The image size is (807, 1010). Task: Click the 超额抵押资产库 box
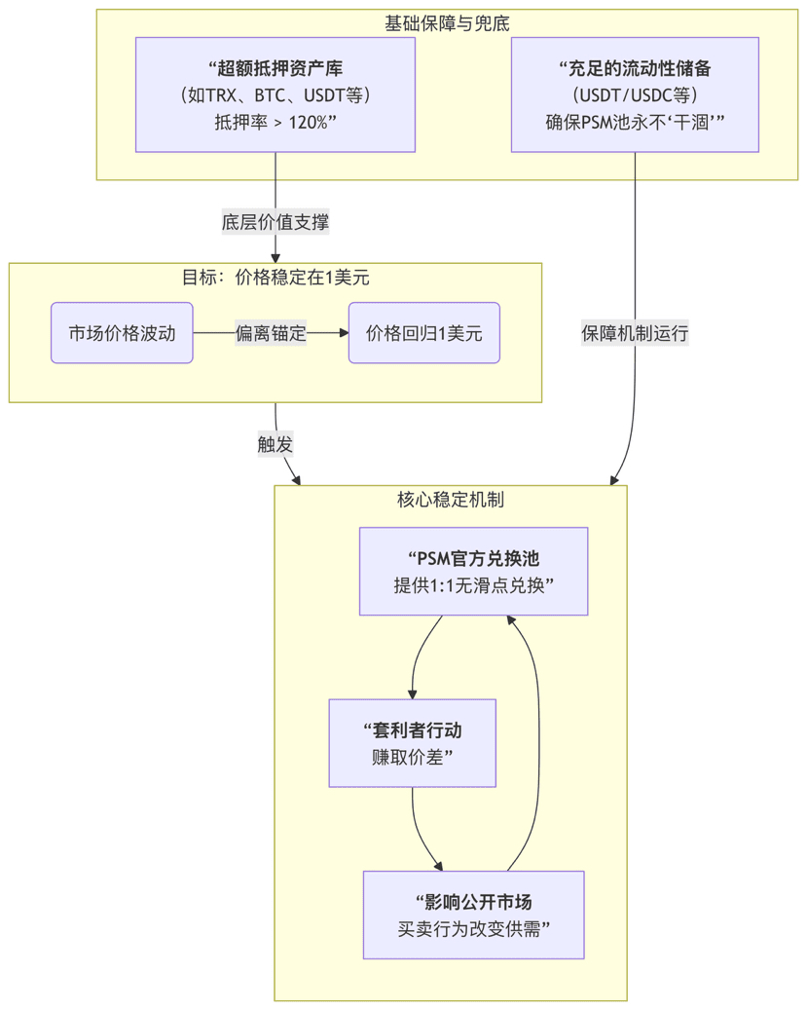coord(275,94)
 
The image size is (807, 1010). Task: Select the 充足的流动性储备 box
coord(635,94)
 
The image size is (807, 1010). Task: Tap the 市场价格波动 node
coord(122,333)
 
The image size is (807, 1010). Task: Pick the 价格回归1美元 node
coord(424,333)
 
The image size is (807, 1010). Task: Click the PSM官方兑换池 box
coord(473,572)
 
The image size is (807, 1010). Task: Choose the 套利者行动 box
coord(412,743)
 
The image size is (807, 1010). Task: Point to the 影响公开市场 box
coord(473,915)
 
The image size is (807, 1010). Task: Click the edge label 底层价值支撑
coord(275,222)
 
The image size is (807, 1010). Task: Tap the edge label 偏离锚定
coord(271,333)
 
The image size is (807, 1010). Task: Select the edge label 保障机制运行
coord(635,333)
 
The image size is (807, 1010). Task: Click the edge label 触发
coord(275,444)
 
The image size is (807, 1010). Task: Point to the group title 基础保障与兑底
coord(447,23)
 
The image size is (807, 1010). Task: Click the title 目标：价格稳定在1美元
coord(275,278)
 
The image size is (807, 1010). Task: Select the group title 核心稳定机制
coord(450,500)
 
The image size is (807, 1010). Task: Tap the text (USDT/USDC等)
coord(635,95)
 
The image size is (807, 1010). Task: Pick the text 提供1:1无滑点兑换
coord(473,585)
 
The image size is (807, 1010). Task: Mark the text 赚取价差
coord(412,757)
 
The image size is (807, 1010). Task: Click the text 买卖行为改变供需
coord(473,928)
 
